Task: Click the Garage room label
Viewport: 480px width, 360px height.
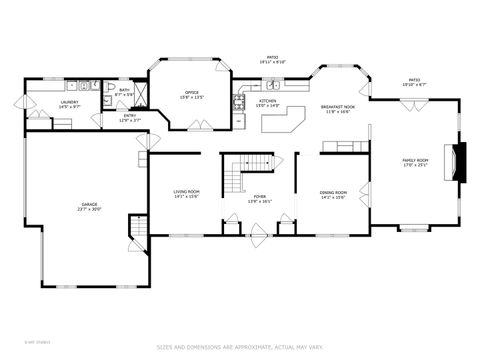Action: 90,207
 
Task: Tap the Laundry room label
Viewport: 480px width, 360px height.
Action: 69,103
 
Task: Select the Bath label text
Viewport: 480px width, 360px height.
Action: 124,92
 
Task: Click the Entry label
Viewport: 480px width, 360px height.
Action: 130,117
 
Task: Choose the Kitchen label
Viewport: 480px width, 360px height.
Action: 268,102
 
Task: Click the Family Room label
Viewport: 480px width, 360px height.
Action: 415,161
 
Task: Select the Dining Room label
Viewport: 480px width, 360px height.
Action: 333,194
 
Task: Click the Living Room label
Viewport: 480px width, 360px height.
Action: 187,194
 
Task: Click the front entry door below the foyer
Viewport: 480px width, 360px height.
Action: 260,236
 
